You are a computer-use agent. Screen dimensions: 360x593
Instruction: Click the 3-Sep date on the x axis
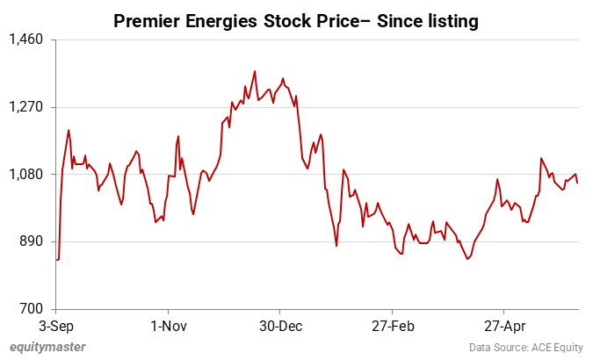coord(56,325)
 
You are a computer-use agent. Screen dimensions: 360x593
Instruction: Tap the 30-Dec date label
coord(279,325)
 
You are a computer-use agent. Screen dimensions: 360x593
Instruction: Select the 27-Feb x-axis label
coord(392,325)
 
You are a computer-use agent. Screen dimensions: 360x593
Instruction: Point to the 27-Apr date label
coord(503,325)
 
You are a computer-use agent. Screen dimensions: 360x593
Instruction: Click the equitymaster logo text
coord(48,347)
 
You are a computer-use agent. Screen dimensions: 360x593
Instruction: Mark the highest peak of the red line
coord(255,71)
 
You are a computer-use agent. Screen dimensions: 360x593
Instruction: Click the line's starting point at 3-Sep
coord(56,260)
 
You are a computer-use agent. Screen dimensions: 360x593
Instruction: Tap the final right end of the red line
coord(578,182)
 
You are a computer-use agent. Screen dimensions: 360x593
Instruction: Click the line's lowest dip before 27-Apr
coord(467,259)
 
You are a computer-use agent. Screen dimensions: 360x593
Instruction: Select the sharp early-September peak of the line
coord(69,130)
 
